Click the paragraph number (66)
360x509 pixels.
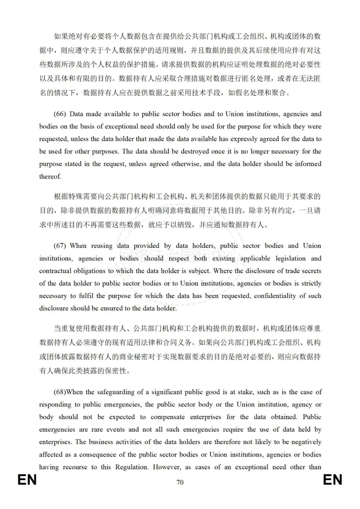[60, 114]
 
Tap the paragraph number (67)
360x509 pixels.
[60, 246]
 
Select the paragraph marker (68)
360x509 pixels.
[60, 392]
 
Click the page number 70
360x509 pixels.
[180, 482]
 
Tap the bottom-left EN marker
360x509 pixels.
[27, 480]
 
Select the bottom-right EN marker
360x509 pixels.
[332, 480]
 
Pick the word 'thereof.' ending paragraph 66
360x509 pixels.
[50, 176]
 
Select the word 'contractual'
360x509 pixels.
[55, 271]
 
